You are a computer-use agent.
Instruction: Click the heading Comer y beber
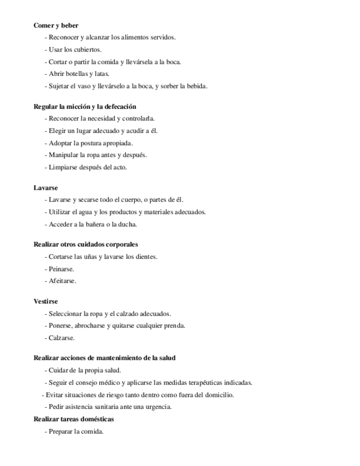coord(56,25)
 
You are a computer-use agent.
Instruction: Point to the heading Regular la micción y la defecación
coord(85,107)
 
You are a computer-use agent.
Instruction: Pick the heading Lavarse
coord(46,187)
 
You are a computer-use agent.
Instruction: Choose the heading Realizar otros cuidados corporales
coord(85,245)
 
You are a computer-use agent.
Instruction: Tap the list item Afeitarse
coord(62,281)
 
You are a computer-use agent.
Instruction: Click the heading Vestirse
coord(46,301)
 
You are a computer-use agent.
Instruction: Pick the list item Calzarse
coord(61,338)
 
